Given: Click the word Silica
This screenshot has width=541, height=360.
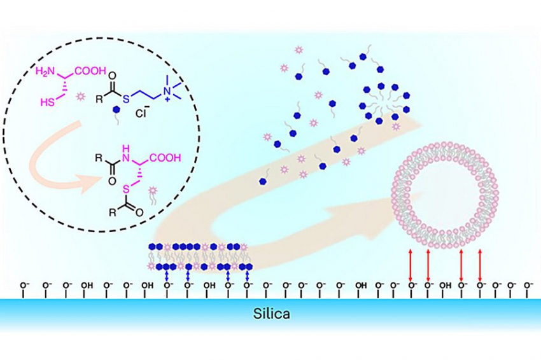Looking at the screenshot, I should coord(270,314).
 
